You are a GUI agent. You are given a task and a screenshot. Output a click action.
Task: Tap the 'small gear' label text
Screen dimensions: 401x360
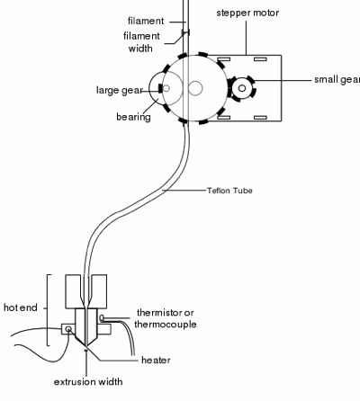pyautogui.click(x=336, y=78)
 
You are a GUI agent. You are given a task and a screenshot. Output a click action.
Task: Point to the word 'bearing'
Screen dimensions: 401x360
pyautogui.click(x=133, y=116)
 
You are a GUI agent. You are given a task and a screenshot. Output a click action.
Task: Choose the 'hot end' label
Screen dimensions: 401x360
pyautogui.click(x=21, y=308)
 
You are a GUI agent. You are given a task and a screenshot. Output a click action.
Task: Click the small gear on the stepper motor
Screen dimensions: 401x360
pyautogui.click(x=242, y=87)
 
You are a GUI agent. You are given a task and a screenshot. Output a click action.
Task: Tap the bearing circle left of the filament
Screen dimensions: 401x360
pyautogui.click(x=164, y=87)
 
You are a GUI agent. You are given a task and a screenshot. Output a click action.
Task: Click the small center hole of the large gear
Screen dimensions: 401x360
pyautogui.click(x=195, y=87)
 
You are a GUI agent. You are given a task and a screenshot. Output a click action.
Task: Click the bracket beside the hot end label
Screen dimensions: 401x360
pyautogui.click(x=48, y=307)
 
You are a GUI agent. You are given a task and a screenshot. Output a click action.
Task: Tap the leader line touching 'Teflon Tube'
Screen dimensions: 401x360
pyautogui.click(x=198, y=191)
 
